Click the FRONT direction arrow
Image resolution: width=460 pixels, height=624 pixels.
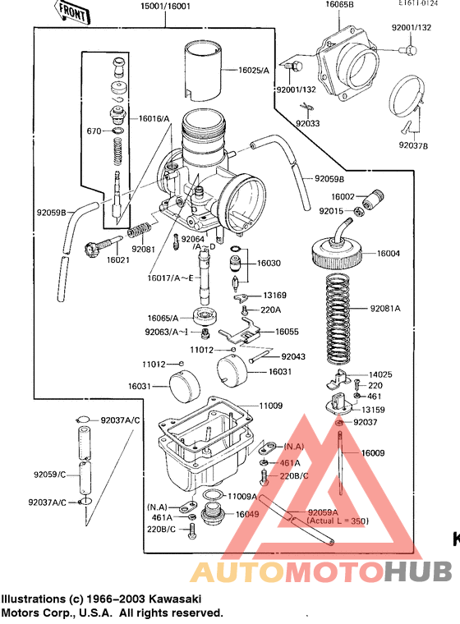(72, 11)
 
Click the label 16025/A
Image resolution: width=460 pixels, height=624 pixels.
(255, 71)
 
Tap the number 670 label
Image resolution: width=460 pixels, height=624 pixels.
(94, 131)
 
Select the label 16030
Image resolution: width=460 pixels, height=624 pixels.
(268, 264)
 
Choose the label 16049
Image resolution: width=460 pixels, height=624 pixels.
(246, 514)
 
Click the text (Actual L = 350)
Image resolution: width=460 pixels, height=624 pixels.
(338, 521)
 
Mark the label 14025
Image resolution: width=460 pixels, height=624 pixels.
(380, 373)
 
